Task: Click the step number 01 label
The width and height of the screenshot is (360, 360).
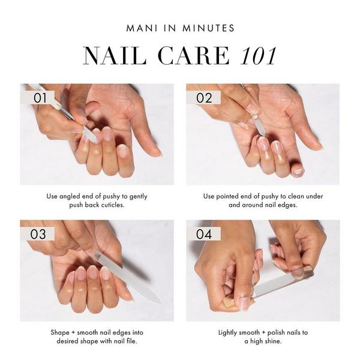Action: click(39, 97)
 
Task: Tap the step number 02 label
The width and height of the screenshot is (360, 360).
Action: click(204, 97)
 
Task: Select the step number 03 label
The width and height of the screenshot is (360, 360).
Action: click(38, 234)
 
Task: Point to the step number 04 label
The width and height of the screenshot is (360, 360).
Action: click(204, 234)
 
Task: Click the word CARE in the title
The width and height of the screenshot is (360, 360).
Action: click(195, 55)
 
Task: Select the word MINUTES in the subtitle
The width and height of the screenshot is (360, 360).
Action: click(211, 28)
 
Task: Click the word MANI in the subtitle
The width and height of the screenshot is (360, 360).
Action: click(141, 28)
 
